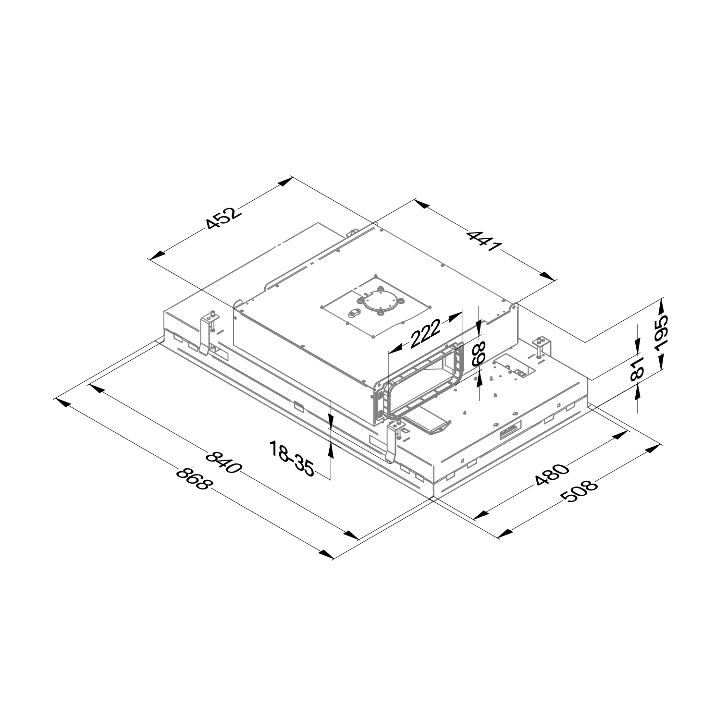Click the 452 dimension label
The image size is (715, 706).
tap(222, 219)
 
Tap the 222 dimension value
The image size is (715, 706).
tap(425, 333)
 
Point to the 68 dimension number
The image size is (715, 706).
tap(478, 354)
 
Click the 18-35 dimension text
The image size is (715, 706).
tap(291, 459)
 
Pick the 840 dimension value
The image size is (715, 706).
tap(223, 462)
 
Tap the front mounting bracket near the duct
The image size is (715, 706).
tap(394, 439)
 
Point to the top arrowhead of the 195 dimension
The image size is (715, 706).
tap(661, 304)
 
